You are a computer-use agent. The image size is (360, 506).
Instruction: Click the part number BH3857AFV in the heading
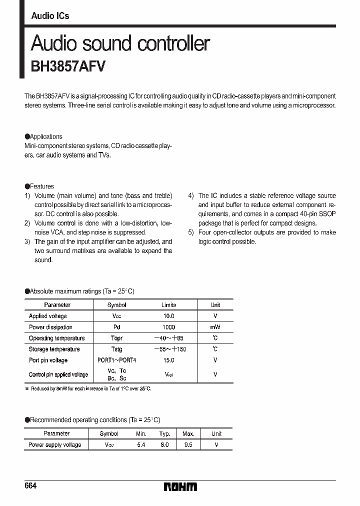(x=68, y=66)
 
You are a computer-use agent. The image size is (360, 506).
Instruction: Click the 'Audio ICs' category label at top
(x=50, y=16)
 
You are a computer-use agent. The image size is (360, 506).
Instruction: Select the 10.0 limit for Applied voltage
(x=168, y=316)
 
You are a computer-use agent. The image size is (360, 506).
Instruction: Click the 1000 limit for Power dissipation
(x=168, y=327)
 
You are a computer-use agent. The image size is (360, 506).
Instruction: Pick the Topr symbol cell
(x=116, y=338)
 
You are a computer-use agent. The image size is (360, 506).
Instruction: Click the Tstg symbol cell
(x=116, y=349)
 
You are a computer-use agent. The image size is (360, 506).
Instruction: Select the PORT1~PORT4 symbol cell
(x=116, y=360)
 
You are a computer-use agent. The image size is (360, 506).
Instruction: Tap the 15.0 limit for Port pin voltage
(x=168, y=360)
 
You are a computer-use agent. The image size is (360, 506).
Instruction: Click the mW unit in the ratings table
(x=215, y=327)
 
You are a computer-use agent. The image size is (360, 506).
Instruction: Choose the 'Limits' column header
(x=168, y=305)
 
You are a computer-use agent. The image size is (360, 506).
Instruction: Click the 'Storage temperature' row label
(x=54, y=349)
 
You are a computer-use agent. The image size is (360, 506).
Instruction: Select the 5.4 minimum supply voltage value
(x=141, y=444)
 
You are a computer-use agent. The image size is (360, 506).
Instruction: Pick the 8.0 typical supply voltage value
(x=164, y=444)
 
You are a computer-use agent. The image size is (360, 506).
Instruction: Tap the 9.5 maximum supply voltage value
(x=188, y=444)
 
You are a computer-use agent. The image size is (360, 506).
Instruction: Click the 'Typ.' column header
(x=164, y=433)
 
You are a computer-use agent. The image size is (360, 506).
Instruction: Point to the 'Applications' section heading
(x=45, y=136)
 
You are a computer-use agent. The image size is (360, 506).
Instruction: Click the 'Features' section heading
(x=41, y=186)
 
